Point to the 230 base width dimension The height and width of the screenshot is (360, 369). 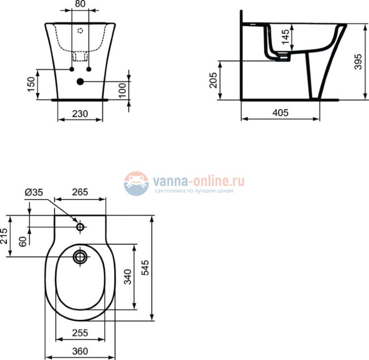click(x=81, y=113)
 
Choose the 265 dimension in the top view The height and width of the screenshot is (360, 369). click(x=80, y=192)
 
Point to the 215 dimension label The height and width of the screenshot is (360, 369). click(x=5, y=236)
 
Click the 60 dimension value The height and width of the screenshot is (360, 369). click(x=23, y=241)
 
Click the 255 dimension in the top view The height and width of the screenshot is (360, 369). click(x=80, y=333)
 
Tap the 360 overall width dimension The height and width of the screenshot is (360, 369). click(x=80, y=351)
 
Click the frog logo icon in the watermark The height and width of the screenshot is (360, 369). click(x=136, y=184)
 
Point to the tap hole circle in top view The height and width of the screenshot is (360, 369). click(x=80, y=227)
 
